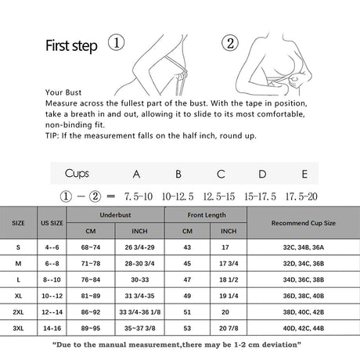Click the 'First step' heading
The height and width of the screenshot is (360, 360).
point(71,45)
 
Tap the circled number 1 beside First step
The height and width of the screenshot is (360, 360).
point(115,43)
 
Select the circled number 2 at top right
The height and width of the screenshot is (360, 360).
point(230,42)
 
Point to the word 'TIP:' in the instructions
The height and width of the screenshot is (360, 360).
point(55,135)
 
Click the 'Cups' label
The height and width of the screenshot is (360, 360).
point(77,174)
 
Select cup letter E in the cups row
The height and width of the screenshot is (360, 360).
point(304,174)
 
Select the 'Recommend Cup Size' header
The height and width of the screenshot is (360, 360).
point(303,223)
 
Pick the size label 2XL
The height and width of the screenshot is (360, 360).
point(18,311)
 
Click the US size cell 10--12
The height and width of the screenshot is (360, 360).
point(51,297)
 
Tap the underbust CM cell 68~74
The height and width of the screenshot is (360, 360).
point(91,247)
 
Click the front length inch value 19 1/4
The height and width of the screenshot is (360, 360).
point(229,297)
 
